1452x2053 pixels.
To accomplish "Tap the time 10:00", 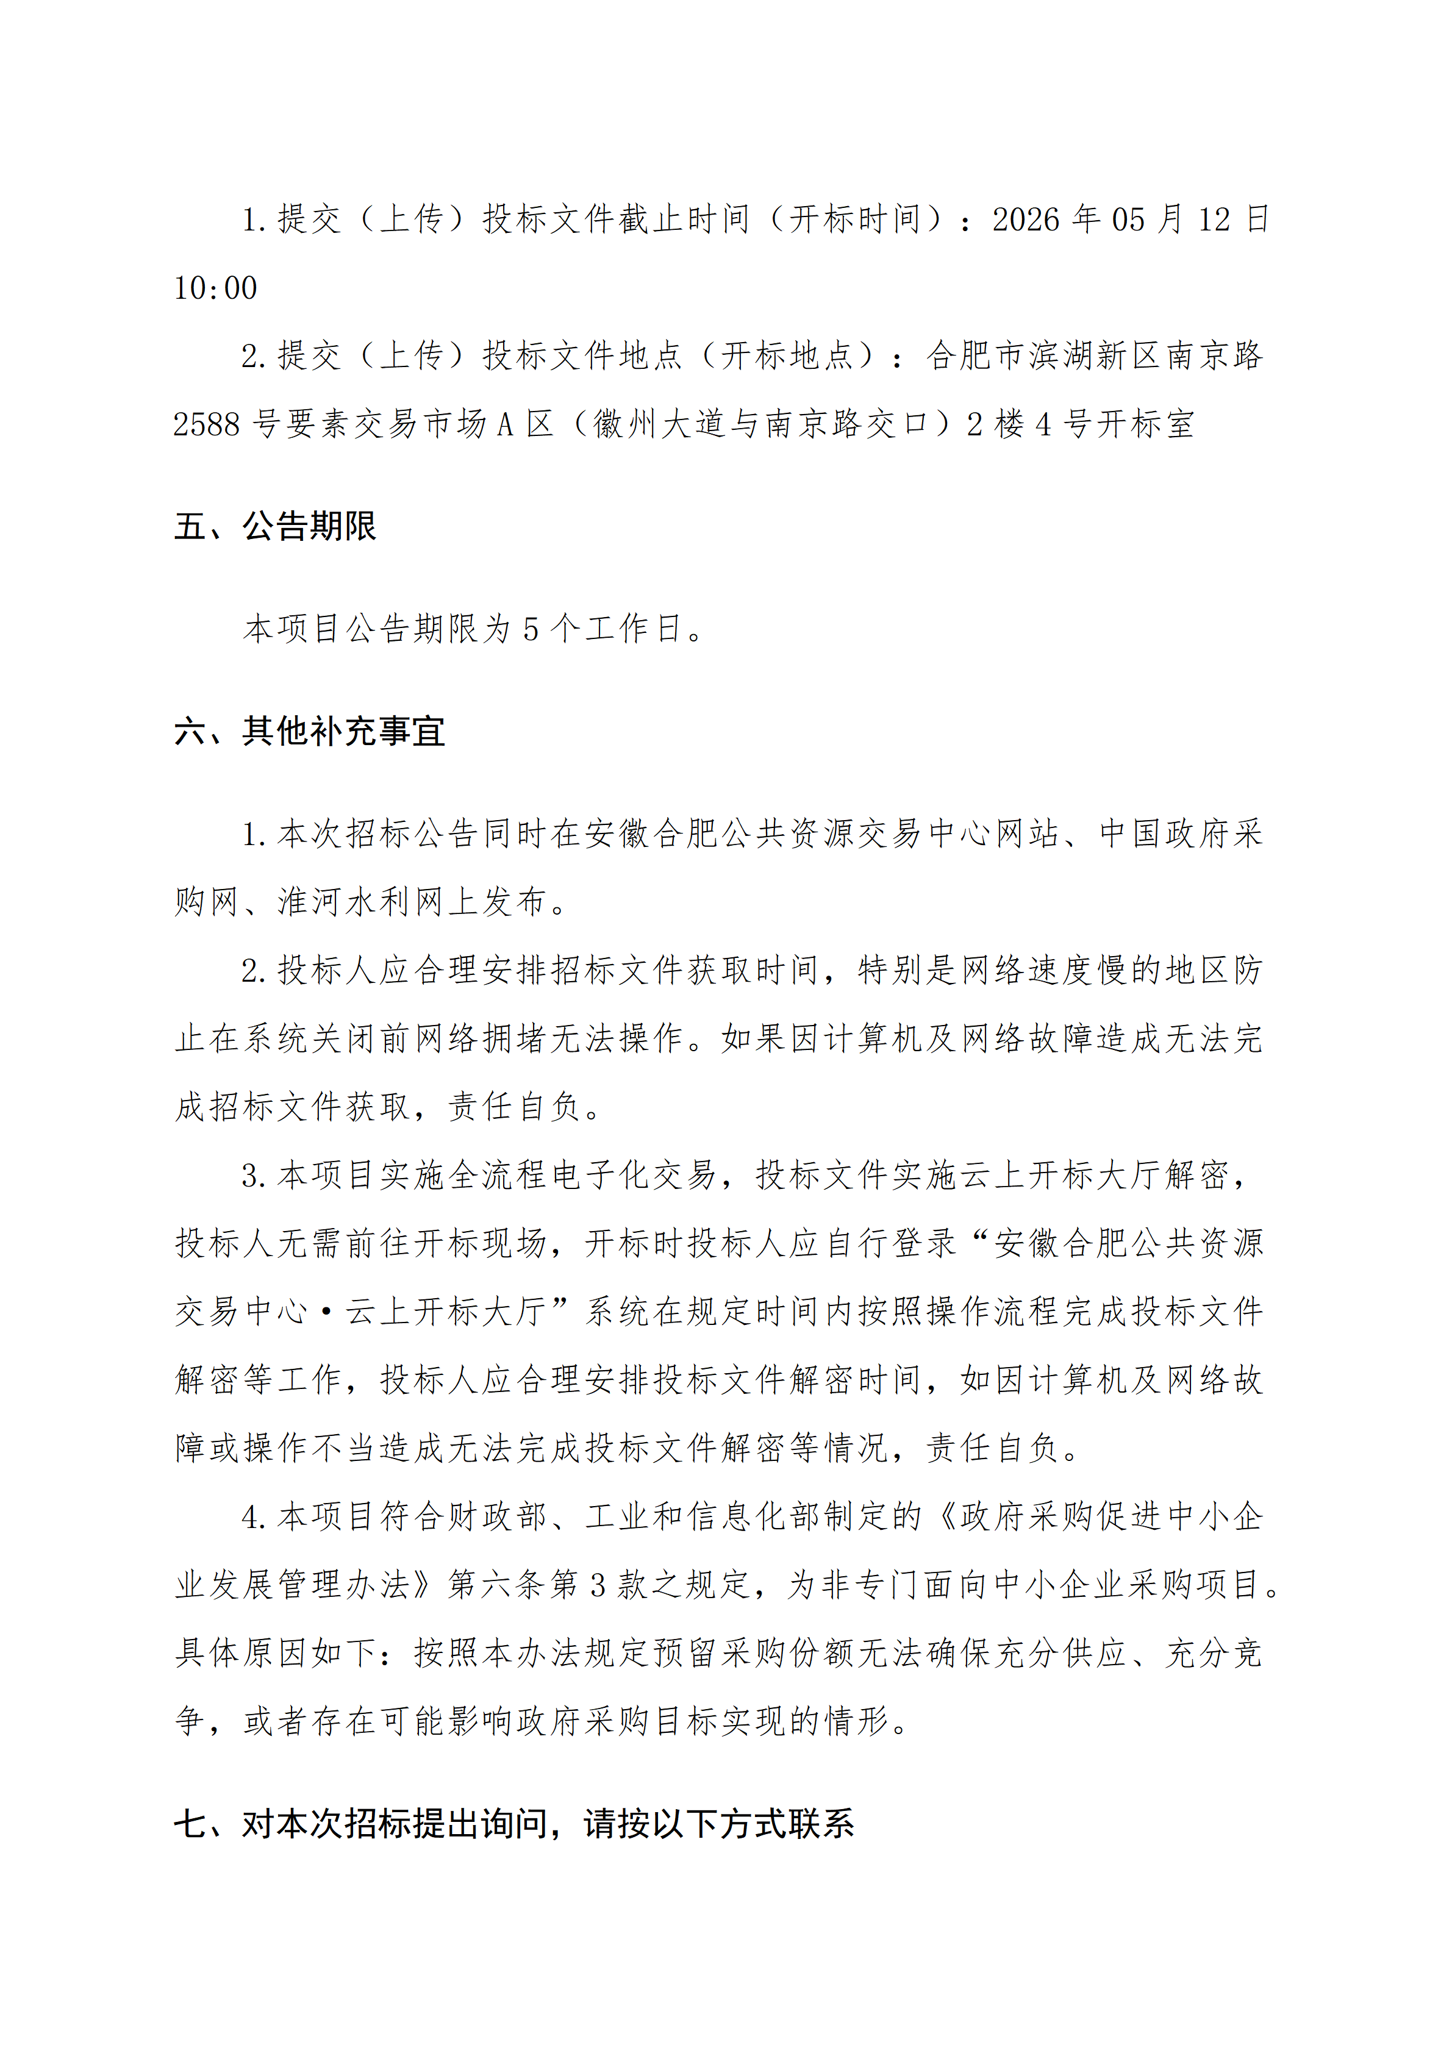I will [215, 288].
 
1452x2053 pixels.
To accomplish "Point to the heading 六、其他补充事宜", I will [309, 732].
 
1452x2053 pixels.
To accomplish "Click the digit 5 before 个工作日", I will [531, 629].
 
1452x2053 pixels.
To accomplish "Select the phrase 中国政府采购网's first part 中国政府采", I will [1180, 834].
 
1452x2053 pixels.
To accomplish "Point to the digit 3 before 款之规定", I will [598, 1585].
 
